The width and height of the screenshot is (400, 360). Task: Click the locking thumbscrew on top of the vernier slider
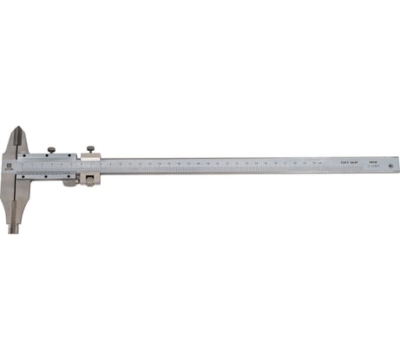pos(51,149)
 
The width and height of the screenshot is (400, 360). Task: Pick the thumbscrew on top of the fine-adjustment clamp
pos(90,149)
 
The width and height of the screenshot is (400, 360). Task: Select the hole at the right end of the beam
pos(392,161)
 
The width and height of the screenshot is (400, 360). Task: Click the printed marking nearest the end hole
pos(373,160)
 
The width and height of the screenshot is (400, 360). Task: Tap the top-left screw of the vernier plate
pos(25,155)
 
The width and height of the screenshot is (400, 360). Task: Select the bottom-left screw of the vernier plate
pos(25,175)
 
